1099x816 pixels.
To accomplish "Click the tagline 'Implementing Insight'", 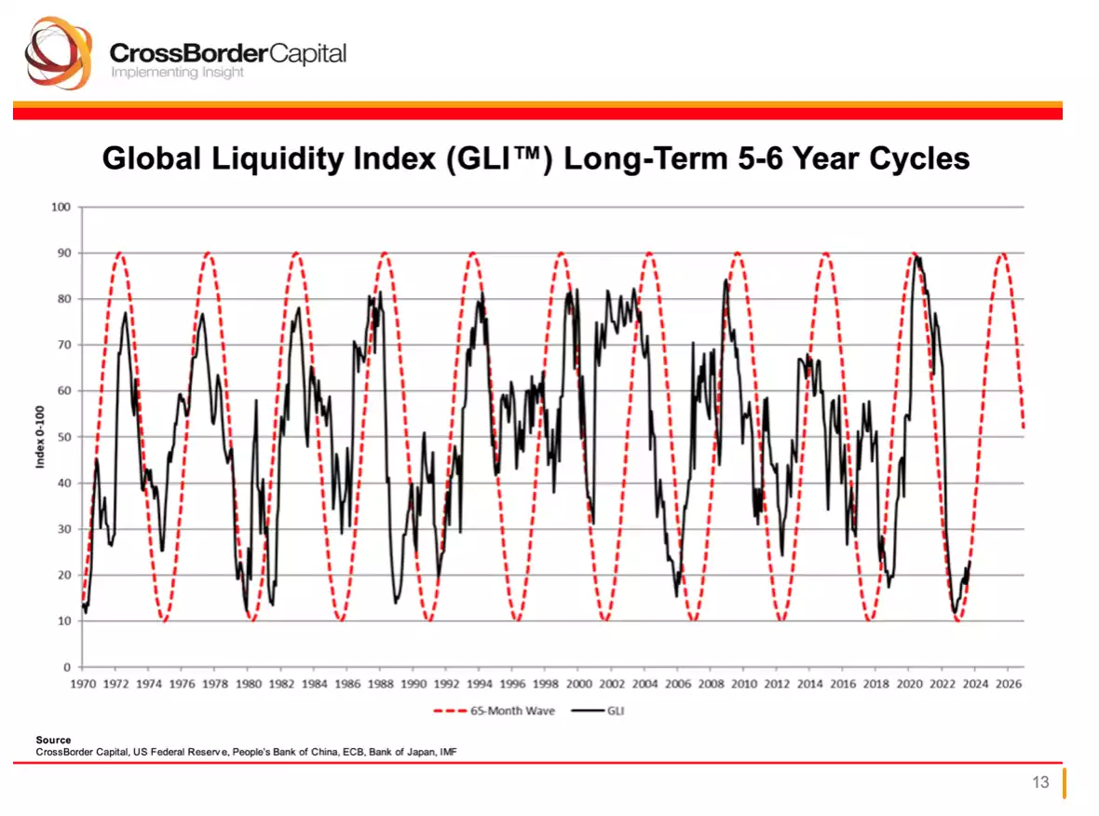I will tap(177, 73).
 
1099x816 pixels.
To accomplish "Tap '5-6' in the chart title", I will tap(742, 158).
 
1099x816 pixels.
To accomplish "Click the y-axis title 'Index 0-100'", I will tap(42, 437).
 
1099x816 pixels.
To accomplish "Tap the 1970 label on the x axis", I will tap(83, 685).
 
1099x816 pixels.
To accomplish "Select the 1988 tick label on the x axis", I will tap(380, 685).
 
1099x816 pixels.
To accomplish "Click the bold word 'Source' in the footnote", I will tap(52, 740).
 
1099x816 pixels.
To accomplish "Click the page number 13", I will tap(1040, 782).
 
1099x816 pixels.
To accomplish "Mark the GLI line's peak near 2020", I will tap(917, 256).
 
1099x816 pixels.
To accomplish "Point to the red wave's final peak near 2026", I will tap(1002, 253).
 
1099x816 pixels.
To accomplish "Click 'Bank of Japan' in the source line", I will tap(397, 751).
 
